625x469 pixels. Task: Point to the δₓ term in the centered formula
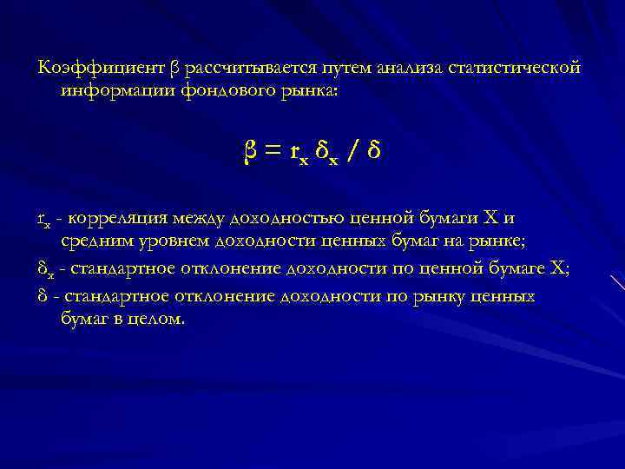coord(327,156)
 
